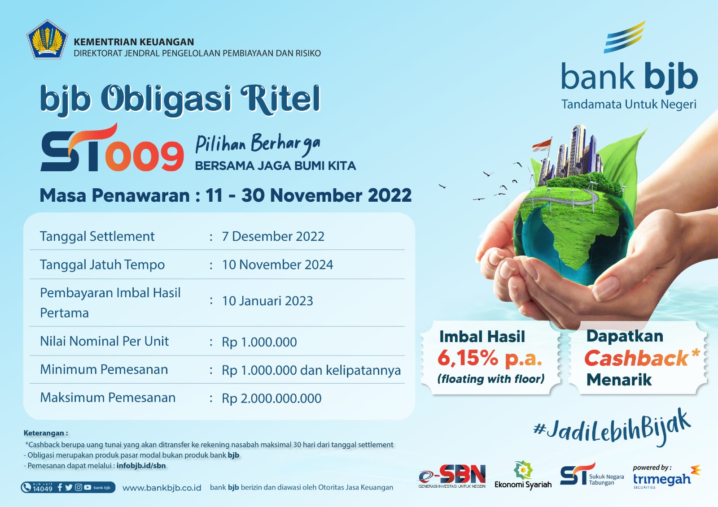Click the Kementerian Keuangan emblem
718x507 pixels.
tap(47, 39)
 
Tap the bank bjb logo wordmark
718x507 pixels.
tap(629, 76)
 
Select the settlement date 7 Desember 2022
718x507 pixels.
tap(273, 236)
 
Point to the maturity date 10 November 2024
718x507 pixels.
tap(277, 264)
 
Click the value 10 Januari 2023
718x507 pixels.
tap(267, 301)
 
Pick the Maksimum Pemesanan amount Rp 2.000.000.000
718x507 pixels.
tap(271, 398)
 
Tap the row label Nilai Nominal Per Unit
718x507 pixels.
tap(104, 341)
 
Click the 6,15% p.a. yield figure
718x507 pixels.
tap(490, 358)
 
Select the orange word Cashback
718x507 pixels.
tap(636, 358)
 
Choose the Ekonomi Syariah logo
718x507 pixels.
tap(523, 476)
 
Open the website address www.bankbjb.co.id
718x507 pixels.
tap(162, 488)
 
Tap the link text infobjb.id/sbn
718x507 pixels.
tap(141, 466)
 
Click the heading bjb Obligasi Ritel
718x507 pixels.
tap(180, 98)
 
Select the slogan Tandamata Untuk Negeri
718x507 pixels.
tap(629, 104)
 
